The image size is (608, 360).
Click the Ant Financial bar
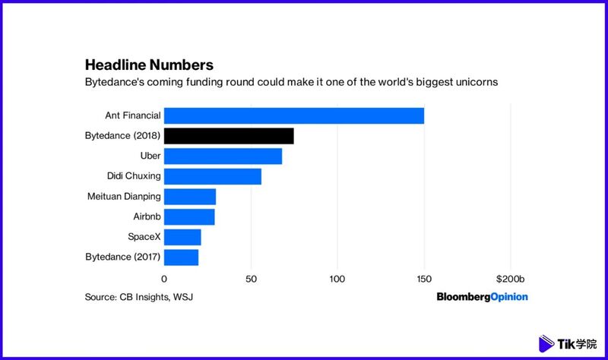click(x=293, y=116)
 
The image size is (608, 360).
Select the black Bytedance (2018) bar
click(x=229, y=137)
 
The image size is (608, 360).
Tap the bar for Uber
click(x=223, y=156)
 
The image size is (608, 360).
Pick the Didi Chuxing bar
click(x=213, y=177)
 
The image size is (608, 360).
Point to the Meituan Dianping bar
click(x=190, y=197)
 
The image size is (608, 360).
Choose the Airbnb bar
click(x=189, y=217)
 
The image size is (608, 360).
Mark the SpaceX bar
click(x=182, y=237)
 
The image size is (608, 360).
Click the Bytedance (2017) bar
click(x=181, y=257)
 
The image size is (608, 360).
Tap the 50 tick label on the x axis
click(x=251, y=279)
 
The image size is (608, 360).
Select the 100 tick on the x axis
click(x=337, y=279)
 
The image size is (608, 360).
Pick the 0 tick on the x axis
click(x=164, y=279)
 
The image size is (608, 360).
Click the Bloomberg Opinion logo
click(x=482, y=297)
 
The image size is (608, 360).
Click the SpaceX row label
click(x=142, y=237)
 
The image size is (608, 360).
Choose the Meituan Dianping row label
click(x=124, y=197)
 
